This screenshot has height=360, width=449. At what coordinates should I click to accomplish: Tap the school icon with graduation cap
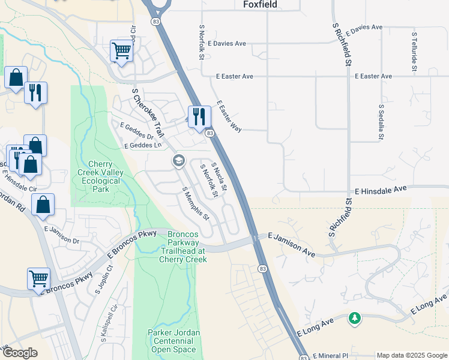point(178,160)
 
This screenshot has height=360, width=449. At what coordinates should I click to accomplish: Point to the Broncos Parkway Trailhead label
point(183,247)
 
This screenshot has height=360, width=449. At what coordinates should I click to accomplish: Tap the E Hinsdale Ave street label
point(381,190)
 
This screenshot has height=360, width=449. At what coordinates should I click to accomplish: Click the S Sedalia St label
point(381,122)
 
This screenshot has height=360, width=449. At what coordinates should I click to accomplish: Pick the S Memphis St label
point(196,203)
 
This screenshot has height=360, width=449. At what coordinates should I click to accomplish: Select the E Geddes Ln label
point(143,146)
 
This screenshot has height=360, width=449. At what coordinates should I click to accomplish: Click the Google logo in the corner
point(20,353)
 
